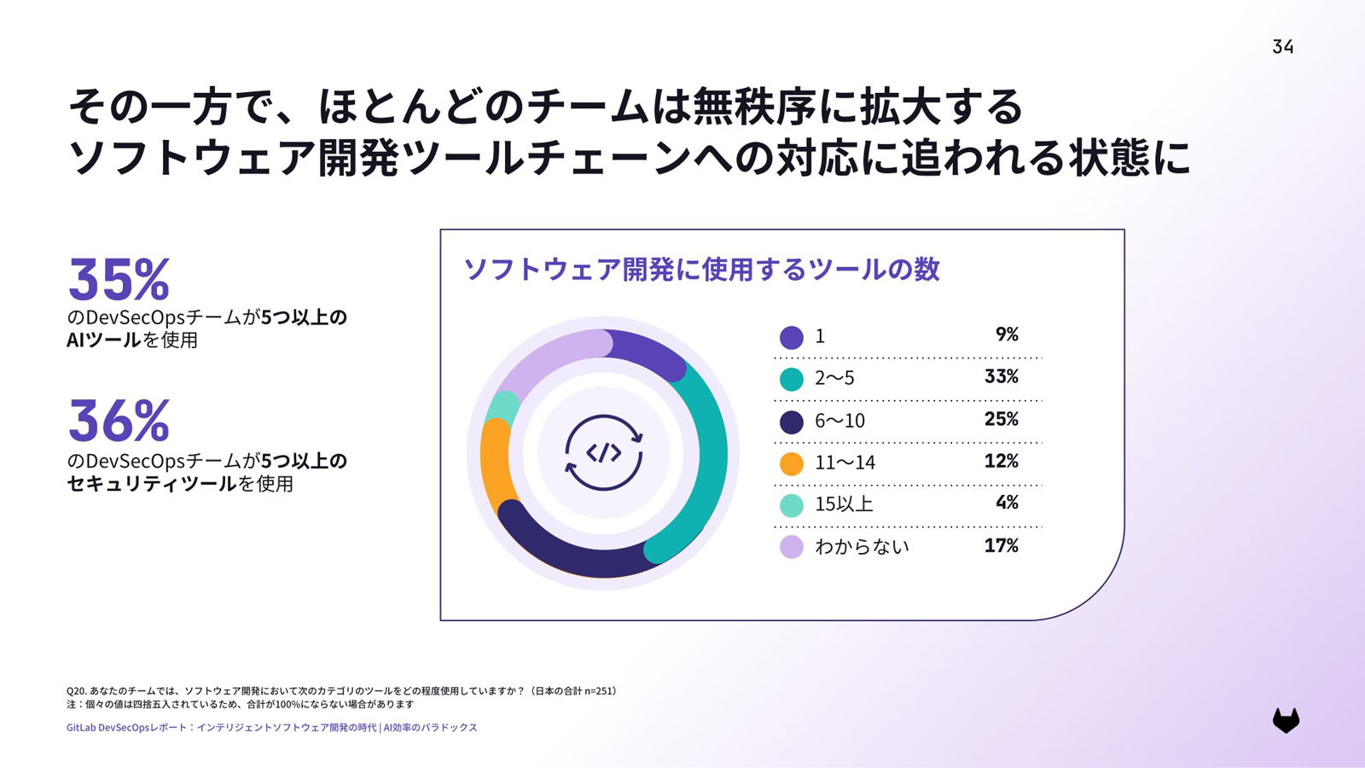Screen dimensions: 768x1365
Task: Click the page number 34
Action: tap(1282, 47)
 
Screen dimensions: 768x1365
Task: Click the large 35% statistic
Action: tap(119, 279)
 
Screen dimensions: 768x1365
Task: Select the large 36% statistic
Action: tap(119, 421)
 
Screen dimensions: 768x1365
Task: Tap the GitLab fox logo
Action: tap(1286, 720)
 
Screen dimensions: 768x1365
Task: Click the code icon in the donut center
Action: tap(603, 452)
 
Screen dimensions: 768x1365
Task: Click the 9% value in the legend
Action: tap(1007, 335)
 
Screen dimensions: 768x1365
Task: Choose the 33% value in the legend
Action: tap(1001, 376)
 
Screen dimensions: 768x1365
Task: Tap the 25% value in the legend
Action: tap(1001, 419)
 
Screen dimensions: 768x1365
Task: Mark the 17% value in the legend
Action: tap(1001, 545)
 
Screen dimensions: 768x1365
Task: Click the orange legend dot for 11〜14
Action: tap(792, 463)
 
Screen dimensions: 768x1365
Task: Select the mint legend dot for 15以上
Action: tap(792, 505)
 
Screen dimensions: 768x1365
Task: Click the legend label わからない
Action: tap(862, 547)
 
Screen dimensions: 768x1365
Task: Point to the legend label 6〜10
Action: tap(839, 421)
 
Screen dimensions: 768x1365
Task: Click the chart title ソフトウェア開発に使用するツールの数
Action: tap(700, 270)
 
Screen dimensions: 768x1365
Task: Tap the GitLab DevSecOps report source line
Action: tap(271, 728)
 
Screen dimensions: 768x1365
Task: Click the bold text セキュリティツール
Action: tap(151, 484)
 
